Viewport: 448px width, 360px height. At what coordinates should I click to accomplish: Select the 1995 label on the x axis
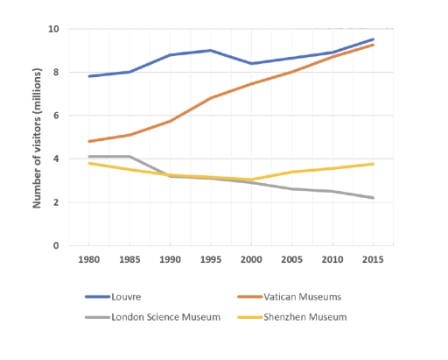click(x=210, y=260)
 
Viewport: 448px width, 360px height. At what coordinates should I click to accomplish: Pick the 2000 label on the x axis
click(x=251, y=260)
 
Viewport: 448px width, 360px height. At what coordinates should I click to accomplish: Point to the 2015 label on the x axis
click(x=373, y=260)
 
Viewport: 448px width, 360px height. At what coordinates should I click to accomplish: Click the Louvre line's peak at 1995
click(x=210, y=51)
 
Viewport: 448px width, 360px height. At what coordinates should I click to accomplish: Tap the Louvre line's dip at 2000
click(x=251, y=63)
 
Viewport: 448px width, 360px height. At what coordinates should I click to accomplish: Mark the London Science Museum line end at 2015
click(x=373, y=198)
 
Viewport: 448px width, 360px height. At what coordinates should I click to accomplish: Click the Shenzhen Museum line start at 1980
click(x=88, y=163)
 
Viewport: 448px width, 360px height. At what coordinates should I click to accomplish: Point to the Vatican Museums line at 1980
click(x=88, y=141)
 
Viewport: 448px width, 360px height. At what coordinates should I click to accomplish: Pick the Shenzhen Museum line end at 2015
click(x=373, y=164)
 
